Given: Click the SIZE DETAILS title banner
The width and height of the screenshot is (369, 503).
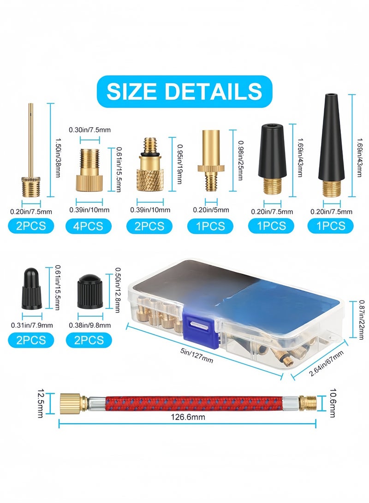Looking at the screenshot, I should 184,91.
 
